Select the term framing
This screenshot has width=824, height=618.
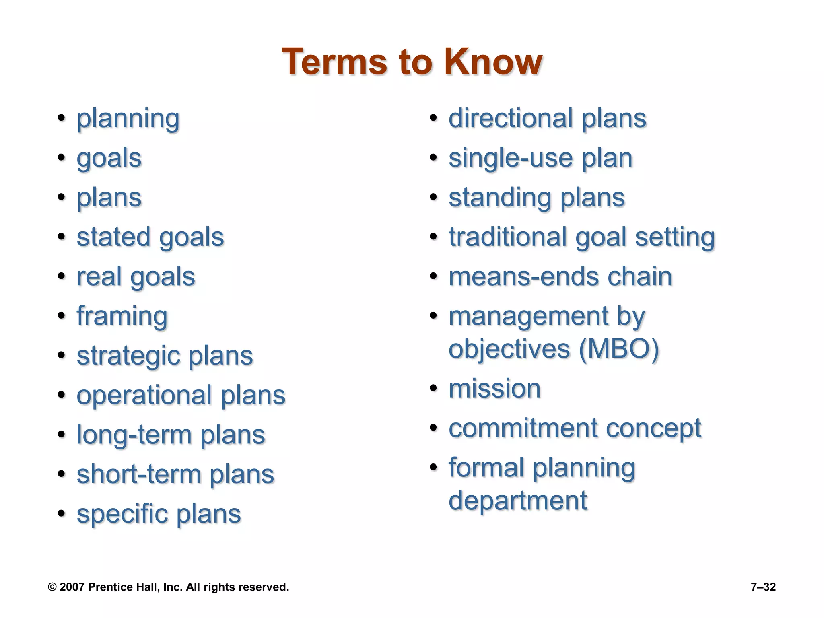click(122, 317)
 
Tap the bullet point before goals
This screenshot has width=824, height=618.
click(61, 157)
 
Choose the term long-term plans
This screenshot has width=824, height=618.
click(171, 435)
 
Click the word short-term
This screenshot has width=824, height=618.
click(138, 474)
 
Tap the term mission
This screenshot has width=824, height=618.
click(494, 389)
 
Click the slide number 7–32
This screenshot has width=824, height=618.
click(763, 587)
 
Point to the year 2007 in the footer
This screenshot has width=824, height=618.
click(72, 587)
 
